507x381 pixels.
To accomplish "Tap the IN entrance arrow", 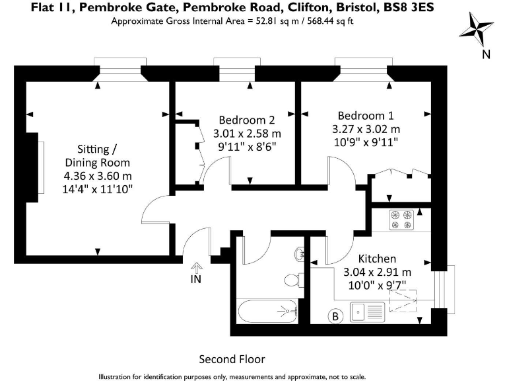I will click(196, 267).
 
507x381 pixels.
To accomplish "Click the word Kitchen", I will click(377, 258).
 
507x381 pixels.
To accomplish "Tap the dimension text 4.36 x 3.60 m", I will click(97, 176).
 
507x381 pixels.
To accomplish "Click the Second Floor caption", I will click(232, 359).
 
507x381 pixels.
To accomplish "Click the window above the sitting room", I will click(119, 66).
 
